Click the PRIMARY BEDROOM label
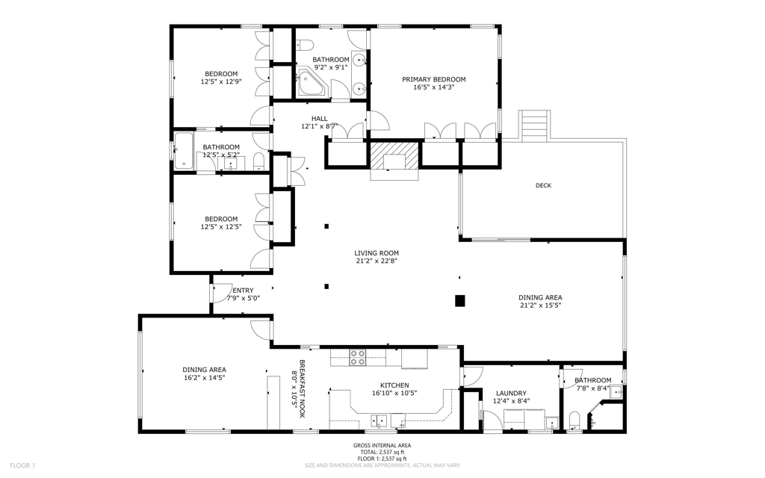[434, 79]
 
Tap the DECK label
[544, 185]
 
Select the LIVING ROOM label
[377, 253]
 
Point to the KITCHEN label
[394, 385]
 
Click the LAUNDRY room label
[511, 394]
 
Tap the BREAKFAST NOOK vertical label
[302, 388]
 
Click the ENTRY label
[243, 291]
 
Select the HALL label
[320, 119]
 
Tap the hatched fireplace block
[394, 154]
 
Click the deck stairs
[534, 125]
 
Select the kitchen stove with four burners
[358, 358]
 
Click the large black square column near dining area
[460, 301]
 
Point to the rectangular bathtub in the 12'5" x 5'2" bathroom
[184, 150]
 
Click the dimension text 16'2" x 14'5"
[205, 377]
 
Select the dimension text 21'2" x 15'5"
[540, 305]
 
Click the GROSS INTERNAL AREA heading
[382, 445]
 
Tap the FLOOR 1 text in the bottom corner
[22, 465]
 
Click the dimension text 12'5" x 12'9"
[221, 82]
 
